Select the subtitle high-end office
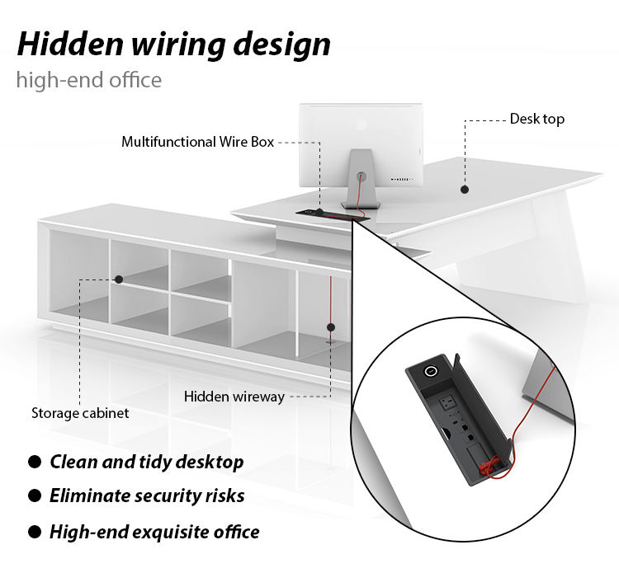[x=88, y=80]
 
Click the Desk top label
[x=536, y=119]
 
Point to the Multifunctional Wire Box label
[x=197, y=142]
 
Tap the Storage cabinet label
[x=80, y=413]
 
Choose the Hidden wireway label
[x=234, y=397]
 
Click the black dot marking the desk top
[x=465, y=190]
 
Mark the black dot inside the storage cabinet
[x=119, y=279]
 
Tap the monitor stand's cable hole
[x=361, y=176]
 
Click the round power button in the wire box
[x=431, y=372]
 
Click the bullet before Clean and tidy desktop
[x=35, y=462]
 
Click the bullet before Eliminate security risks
[x=35, y=496]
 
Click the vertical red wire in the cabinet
[x=331, y=305]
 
